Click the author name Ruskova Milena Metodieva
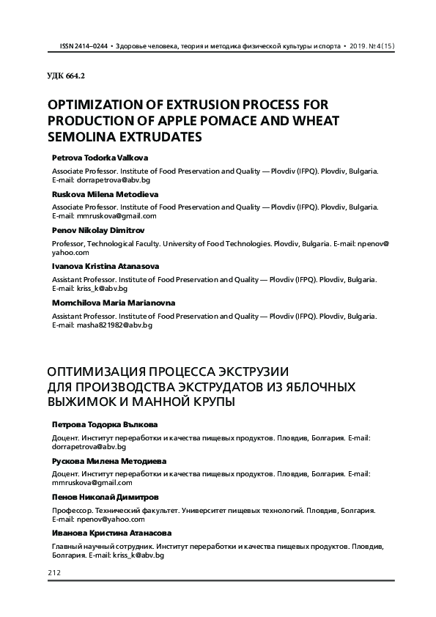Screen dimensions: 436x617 tap(105, 194)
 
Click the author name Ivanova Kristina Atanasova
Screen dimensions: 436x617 tap(106, 266)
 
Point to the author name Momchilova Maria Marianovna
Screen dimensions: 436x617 tap(114, 302)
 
